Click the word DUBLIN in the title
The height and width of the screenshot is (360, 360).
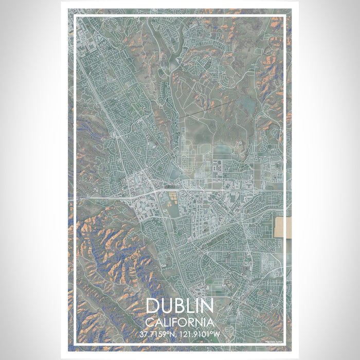[180, 306]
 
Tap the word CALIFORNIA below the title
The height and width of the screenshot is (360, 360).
[180, 322]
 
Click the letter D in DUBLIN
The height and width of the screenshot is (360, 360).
[153, 306]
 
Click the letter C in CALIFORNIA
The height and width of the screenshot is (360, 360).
[149, 322]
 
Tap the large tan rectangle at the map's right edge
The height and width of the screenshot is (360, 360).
[283, 227]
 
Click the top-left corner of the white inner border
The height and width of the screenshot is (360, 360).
[75, 16]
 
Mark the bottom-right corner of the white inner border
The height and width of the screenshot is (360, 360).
[285, 344]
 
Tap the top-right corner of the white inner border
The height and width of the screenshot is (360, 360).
[285, 16]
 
